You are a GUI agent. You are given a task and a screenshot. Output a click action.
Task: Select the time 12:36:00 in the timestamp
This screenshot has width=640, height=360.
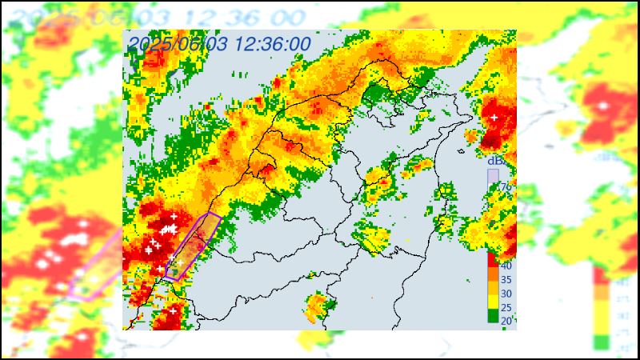coord(272,45)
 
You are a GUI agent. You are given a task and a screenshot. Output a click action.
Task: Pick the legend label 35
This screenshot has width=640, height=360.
coord(506,279)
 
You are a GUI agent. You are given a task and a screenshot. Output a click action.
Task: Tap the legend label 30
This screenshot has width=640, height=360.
coord(506,294)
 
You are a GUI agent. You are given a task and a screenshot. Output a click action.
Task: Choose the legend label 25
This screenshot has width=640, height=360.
coord(506,307)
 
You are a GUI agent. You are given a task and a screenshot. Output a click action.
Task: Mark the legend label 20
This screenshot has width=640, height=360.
coord(506,321)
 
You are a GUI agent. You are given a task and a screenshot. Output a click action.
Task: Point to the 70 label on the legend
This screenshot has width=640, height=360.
coord(506,187)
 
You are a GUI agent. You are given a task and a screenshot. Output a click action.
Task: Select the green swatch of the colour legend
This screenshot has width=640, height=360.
coord(493,316)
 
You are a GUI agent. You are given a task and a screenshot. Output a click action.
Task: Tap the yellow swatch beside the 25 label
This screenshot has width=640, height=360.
coord(493,302)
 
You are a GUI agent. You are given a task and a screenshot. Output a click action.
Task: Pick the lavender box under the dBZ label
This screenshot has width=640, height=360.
coord(494,174)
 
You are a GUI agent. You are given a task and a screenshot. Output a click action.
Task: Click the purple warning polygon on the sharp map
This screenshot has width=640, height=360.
coord(194,246)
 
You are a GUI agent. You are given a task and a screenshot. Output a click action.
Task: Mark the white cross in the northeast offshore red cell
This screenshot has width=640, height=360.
coord(494,118)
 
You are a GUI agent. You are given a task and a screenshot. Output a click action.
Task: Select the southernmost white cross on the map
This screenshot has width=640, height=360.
coord(173,310)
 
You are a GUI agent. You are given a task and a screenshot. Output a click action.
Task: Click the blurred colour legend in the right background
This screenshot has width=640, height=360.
coord(602,308)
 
